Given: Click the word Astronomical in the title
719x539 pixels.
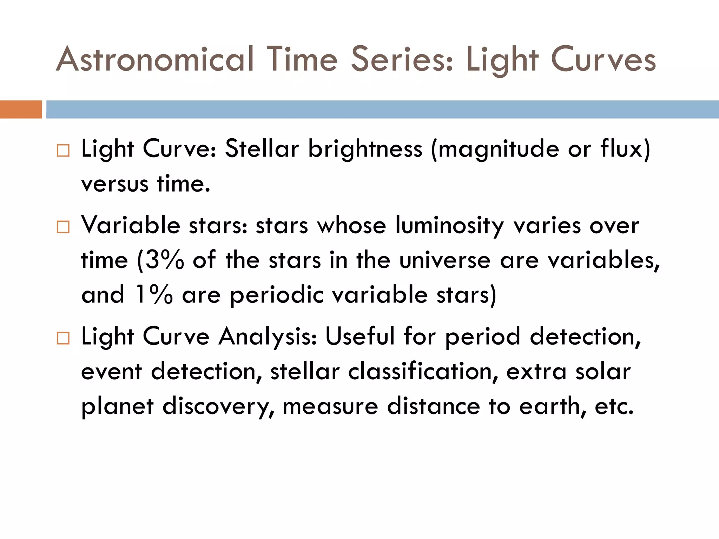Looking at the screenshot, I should [x=155, y=59].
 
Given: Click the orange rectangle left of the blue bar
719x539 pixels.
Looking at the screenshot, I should [x=21, y=109].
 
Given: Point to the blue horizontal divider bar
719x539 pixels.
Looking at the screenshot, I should [x=382, y=109].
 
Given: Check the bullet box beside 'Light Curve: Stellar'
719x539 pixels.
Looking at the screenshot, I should [x=63, y=151].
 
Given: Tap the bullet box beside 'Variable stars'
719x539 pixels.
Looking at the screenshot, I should [x=63, y=227].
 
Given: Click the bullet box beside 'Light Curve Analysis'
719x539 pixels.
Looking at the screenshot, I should [x=63, y=339].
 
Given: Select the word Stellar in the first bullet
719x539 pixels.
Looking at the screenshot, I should [x=262, y=149].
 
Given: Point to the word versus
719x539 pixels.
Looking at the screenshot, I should [x=115, y=184].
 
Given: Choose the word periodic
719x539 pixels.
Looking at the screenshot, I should [x=277, y=295].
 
